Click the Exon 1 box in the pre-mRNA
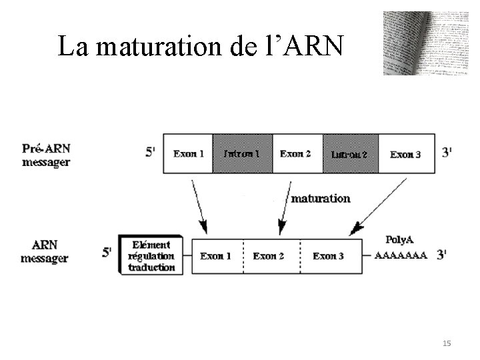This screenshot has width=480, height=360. tap(189, 154)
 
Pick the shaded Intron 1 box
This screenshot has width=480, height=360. tap(242, 154)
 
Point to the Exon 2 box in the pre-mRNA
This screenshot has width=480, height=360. tap(296, 154)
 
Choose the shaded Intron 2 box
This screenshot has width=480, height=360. tap(351, 154)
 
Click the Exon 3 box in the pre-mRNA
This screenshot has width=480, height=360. tap(405, 154)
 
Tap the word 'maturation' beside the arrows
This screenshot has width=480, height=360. tap(321, 198)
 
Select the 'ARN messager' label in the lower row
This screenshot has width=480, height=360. tap(45, 251)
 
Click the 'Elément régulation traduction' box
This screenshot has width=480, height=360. tap(151, 256)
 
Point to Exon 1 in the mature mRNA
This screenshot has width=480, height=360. tap(216, 256)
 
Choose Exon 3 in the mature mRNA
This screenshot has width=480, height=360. tap(328, 256)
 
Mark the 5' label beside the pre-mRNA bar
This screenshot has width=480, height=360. tap(150, 153)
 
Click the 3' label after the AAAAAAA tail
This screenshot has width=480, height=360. tap(442, 254)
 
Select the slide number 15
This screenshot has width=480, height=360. tap(447, 343)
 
